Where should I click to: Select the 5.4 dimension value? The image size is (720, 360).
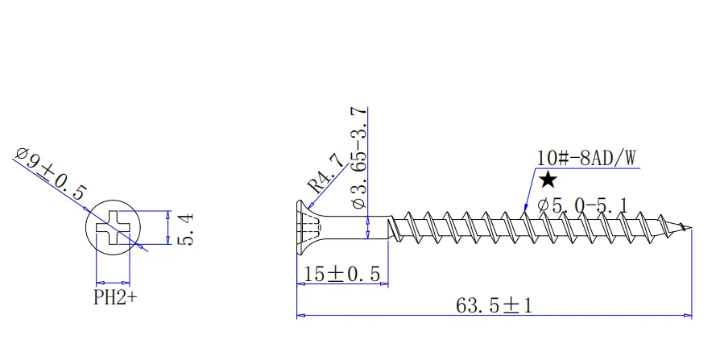click(184, 230)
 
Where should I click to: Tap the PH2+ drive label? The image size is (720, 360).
click(115, 298)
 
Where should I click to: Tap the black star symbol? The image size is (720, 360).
click(548, 180)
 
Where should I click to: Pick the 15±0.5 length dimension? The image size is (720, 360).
click(344, 274)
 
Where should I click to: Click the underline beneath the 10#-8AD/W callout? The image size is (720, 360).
click(588, 168)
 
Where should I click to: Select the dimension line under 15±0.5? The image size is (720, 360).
click(344, 284)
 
